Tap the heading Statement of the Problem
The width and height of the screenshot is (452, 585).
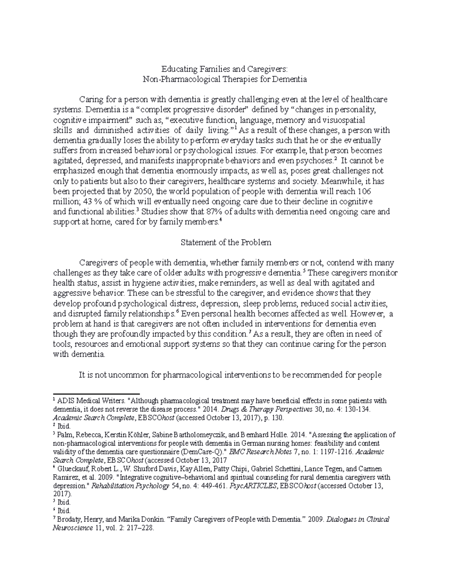(226, 243)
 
